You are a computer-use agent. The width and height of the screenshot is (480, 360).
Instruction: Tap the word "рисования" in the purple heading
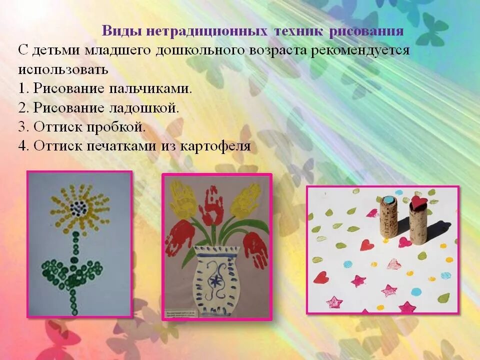coord(366,31)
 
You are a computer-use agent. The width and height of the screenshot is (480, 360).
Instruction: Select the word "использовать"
coord(63,69)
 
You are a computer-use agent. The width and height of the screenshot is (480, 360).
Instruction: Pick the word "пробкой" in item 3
coord(120,127)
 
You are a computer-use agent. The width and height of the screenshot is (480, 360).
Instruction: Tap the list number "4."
coord(24,146)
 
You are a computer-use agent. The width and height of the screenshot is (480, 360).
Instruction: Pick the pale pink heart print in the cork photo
coord(394,263)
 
